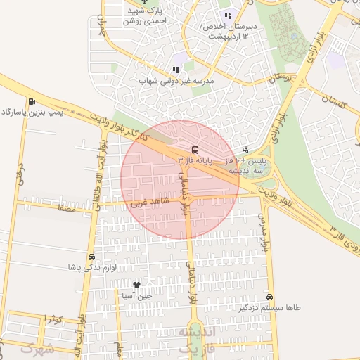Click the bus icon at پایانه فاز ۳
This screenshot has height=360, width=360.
[194, 149]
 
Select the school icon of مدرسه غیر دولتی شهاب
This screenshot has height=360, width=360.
[176, 70]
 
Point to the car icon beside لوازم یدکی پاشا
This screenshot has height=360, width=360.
[92, 257]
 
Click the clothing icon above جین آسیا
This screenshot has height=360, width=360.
[136, 285]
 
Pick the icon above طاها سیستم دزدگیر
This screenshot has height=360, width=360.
[270, 297]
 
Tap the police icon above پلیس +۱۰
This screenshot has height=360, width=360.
[245, 150]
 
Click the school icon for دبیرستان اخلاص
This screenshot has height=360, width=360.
[227, 15]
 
